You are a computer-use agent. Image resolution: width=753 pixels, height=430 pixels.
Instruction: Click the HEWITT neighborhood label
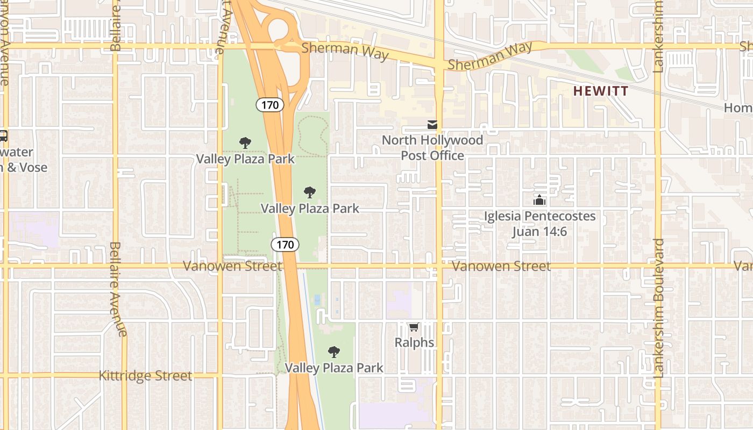600,91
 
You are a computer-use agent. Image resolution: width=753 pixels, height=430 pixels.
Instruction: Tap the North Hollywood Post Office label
432,148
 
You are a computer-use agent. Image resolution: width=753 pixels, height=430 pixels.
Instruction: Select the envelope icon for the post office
432,125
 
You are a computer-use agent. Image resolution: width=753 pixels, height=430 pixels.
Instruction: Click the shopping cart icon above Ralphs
414,327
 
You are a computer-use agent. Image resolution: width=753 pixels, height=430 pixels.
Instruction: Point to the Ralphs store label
414,342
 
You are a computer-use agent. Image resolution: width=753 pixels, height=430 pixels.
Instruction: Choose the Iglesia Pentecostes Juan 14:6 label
539,224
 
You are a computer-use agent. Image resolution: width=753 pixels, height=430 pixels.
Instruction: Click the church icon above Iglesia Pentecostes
539,200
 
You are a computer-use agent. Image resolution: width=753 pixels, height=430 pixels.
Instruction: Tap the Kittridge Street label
145,376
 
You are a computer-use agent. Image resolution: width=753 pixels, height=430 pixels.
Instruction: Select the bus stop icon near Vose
3,136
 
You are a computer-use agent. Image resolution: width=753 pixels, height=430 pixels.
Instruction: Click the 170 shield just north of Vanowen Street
285,245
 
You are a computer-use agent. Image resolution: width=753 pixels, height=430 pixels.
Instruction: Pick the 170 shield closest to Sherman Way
269,105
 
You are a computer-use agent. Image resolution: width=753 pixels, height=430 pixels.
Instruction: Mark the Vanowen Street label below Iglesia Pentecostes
501,266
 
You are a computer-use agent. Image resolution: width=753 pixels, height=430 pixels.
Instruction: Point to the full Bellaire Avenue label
118,289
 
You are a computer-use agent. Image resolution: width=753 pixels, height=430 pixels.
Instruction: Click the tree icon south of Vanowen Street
334,352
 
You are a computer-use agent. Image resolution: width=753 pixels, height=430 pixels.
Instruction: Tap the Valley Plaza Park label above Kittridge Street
334,368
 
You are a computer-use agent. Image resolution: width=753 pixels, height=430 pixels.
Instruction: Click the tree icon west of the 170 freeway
245,143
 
